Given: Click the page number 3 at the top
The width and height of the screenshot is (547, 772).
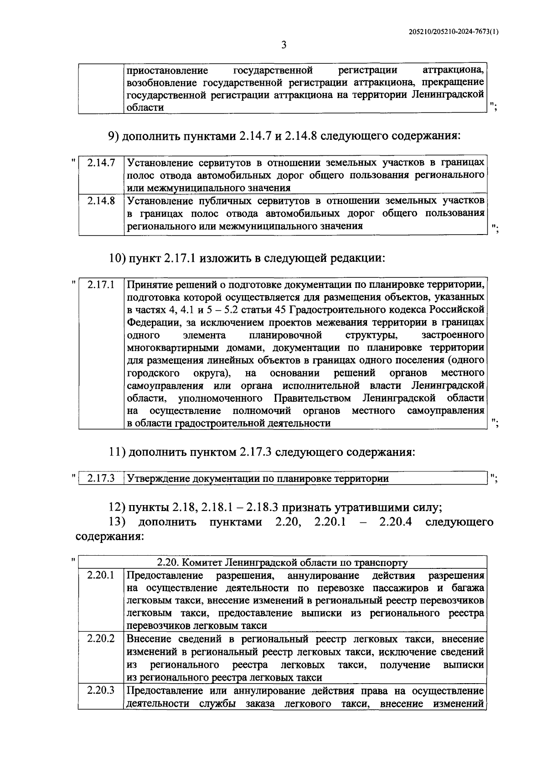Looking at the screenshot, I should (284, 45).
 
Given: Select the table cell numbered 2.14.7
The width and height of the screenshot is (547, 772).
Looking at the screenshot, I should (101, 163).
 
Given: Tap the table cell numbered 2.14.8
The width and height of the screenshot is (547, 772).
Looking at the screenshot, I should (101, 200).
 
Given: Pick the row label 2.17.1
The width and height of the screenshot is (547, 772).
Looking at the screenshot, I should (101, 285).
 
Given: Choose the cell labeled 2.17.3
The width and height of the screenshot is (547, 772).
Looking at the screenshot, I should (101, 478).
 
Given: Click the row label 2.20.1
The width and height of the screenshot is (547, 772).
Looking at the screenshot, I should (101, 575).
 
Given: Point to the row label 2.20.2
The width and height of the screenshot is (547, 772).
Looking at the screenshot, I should (101, 639).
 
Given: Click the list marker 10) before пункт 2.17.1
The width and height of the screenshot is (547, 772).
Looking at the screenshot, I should (118, 258).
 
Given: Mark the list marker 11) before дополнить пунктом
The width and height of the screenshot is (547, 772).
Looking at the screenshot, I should (118, 452).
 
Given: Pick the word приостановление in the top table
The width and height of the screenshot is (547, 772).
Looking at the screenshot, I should (167, 71).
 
